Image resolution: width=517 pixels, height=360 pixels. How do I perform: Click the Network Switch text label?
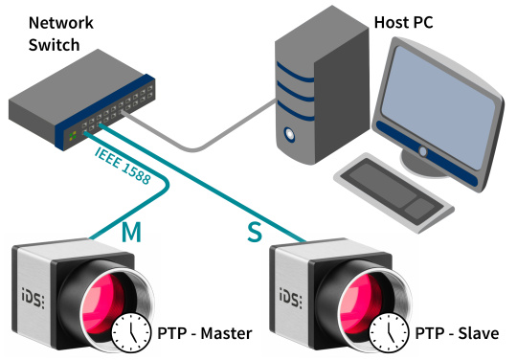61,34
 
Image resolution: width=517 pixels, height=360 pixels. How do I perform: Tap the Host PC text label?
404,22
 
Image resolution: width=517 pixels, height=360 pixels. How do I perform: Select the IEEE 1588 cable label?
123,166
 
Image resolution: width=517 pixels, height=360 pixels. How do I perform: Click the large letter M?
131,232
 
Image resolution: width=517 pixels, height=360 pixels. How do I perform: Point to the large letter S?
255,232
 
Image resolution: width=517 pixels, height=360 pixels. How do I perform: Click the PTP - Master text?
205,333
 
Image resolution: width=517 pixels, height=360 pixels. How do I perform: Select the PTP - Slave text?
457,333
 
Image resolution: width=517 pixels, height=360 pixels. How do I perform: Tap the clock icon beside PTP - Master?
131,332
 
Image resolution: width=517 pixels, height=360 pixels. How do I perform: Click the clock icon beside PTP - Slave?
389,332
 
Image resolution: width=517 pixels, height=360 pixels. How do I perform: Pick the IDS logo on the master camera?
34,299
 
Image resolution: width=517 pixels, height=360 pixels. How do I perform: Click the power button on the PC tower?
289,134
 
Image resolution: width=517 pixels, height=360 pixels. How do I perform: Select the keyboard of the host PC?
393,191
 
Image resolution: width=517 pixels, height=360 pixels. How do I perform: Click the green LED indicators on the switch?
73,136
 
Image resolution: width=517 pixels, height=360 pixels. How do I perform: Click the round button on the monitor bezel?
423,151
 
